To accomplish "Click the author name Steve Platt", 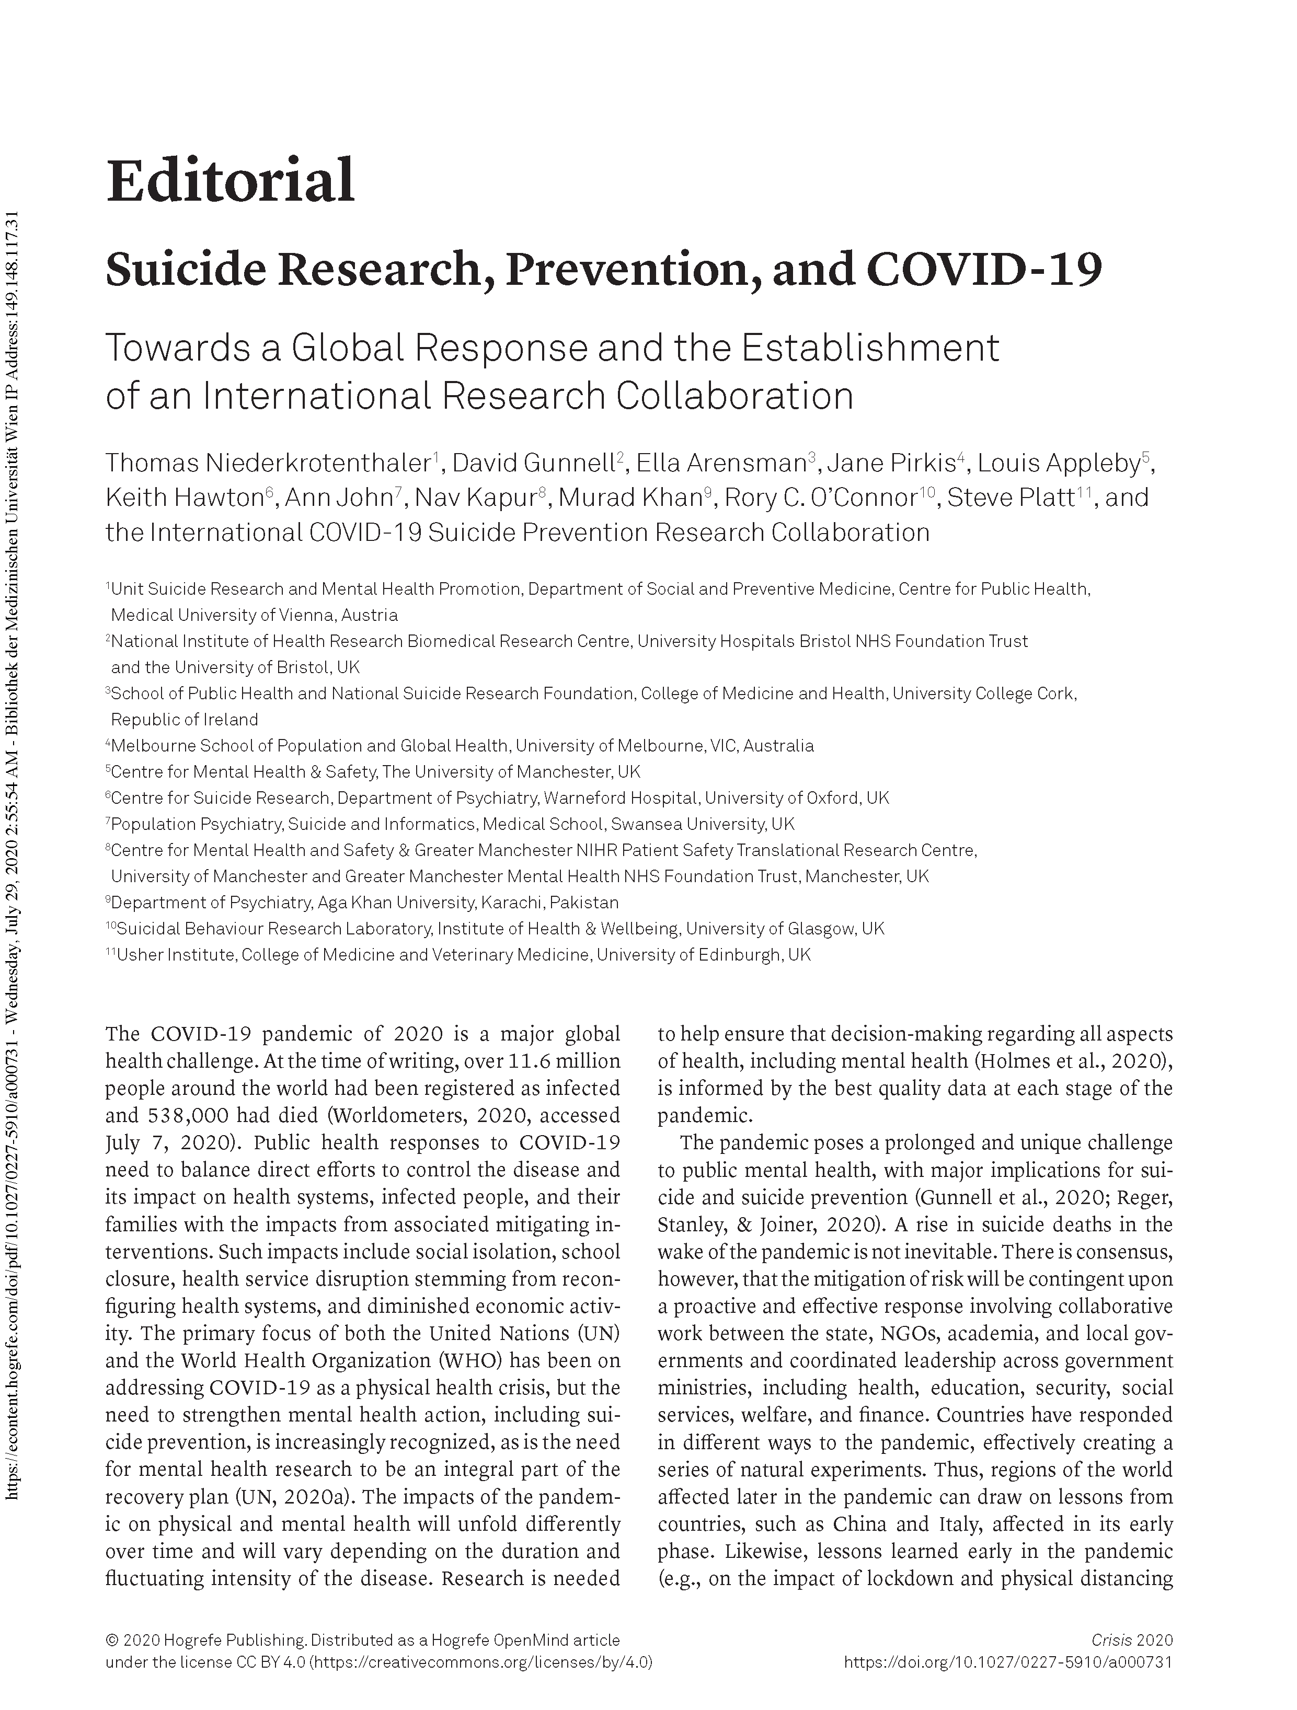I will [x=1010, y=497].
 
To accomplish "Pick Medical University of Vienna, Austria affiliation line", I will [x=255, y=615].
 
